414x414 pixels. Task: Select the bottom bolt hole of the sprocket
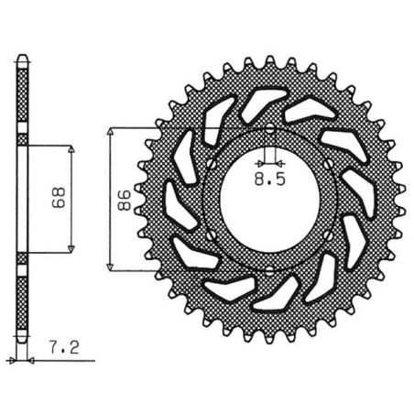tap(271, 269)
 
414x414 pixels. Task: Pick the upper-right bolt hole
tap(332, 162)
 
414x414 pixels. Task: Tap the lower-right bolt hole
tap(332, 234)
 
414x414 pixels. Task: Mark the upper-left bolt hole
tap(210, 162)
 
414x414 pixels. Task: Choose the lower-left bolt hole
tap(210, 234)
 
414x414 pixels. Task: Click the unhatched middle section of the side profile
tap(24, 198)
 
